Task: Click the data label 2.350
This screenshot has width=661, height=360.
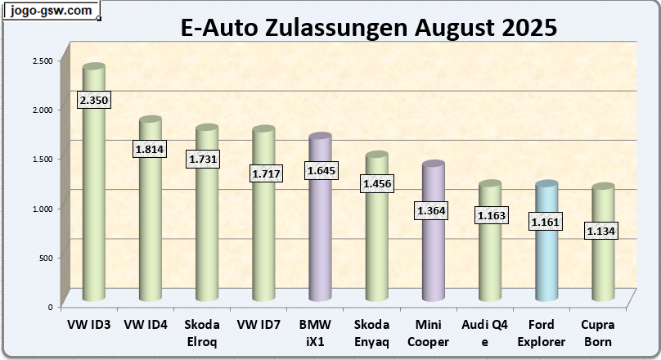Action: pos(93,100)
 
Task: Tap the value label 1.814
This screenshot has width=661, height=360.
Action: pos(150,149)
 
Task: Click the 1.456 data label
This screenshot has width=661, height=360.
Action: pos(377,184)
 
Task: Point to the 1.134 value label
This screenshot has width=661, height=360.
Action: pos(600,232)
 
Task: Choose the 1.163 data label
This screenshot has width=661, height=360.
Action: pos(490,216)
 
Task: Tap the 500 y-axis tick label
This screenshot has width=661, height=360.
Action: pos(45,258)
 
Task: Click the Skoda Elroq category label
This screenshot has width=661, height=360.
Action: pos(202,333)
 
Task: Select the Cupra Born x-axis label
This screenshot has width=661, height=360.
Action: pos(599,333)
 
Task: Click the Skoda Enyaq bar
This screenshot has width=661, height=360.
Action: pos(376,237)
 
